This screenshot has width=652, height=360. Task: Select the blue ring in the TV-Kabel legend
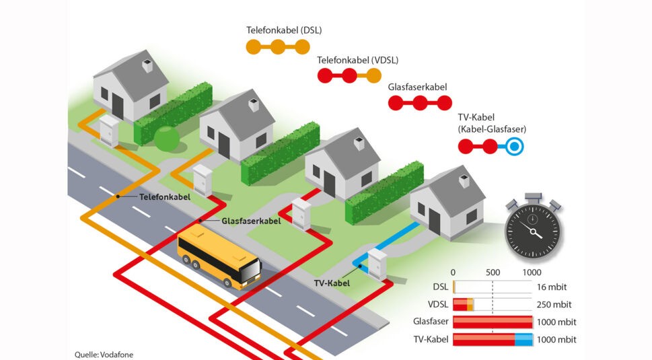pyautogui.click(x=515, y=146)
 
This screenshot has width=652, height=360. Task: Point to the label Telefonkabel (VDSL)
pyautogui.click(x=358, y=60)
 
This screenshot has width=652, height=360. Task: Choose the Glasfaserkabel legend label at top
pyautogui.click(x=417, y=87)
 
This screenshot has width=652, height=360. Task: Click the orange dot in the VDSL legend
pyautogui.click(x=374, y=75)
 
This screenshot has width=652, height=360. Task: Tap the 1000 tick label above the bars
pyautogui.click(x=532, y=273)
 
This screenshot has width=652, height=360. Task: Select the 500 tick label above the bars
pyautogui.click(x=493, y=273)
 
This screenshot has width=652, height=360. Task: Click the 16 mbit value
pyautogui.click(x=550, y=287)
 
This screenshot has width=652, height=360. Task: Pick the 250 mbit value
pyautogui.click(x=553, y=305)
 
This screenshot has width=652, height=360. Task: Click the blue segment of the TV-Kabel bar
pyautogui.click(x=523, y=340)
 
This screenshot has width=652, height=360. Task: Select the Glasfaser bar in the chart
pyautogui.click(x=493, y=322)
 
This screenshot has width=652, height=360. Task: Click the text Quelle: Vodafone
pyautogui.click(x=99, y=354)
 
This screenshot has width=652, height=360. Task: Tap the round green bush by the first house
pyautogui.click(x=166, y=138)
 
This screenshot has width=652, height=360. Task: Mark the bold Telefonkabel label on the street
pyautogui.click(x=165, y=197)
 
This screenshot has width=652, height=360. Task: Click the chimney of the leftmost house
pyautogui.click(x=147, y=65)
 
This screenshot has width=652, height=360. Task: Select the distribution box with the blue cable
pyautogui.click(x=377, y=264)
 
